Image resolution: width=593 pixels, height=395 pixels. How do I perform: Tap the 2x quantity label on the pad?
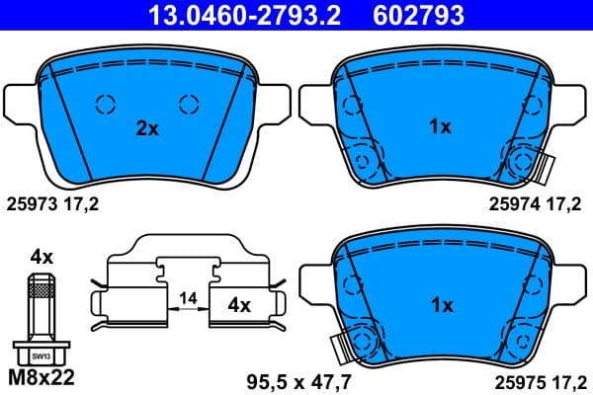coord(147,127)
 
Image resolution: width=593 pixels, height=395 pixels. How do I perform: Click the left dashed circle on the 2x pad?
coord(104,104)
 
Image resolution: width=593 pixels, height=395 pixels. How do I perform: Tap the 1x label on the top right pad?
coord(440,127)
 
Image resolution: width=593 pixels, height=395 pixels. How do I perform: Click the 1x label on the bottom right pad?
coord(440,306)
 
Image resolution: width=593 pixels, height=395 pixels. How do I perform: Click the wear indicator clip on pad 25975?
coord(343,348)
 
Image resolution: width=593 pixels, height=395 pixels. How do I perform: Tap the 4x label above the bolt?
coord(41,256)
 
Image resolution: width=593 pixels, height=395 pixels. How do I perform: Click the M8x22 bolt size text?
coord(41,377)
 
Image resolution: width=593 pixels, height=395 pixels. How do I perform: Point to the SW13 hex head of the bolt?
coord(40,353)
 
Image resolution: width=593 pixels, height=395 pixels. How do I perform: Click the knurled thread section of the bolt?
coord(41,288)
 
